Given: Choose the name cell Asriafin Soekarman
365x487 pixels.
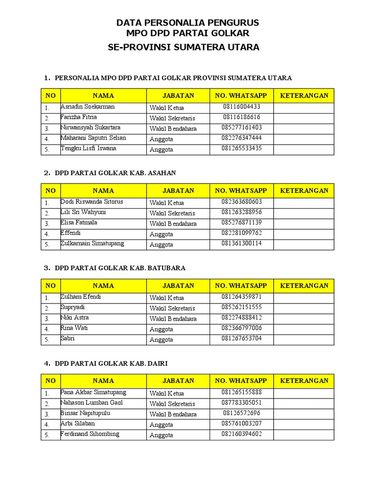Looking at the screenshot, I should point(87,107).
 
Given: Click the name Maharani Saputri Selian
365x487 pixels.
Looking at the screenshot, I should point(93,138).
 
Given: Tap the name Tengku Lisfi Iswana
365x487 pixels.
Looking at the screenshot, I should point(88,149).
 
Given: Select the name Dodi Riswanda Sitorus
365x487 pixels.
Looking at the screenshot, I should point(92,202).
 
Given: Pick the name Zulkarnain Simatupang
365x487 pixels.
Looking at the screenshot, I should point(92,244).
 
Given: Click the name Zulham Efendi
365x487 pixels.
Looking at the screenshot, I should point(80,297).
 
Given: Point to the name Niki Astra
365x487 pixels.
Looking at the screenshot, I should point(75,318).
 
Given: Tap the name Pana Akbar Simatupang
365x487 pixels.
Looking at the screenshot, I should point(93,393).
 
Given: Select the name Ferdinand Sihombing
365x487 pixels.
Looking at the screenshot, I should point(90,435).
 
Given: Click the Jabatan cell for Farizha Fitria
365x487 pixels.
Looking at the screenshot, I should point(173,118).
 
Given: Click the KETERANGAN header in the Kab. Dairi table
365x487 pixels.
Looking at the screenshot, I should point(304,381).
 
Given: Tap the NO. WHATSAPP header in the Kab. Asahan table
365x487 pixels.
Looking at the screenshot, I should point(241,191).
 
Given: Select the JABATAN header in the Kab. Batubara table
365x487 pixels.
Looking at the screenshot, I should point(178,286).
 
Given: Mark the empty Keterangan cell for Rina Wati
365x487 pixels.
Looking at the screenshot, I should point(304,329).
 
